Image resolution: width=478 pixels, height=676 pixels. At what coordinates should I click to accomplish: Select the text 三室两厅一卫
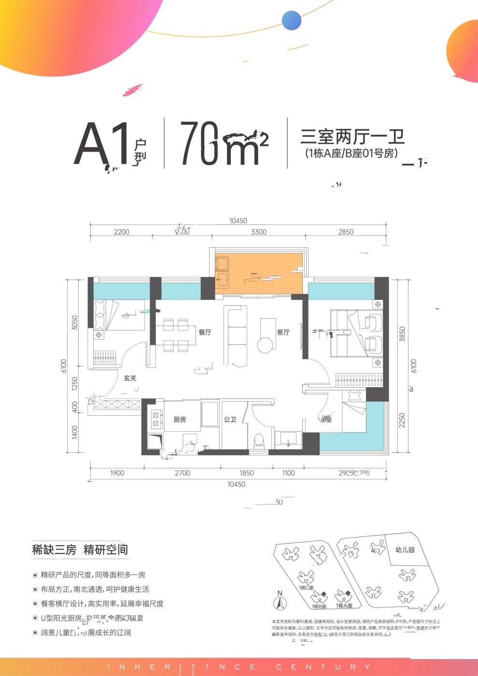352,137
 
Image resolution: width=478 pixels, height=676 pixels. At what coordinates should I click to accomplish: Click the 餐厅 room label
205,332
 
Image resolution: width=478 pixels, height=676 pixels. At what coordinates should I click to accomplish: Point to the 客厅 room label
283,332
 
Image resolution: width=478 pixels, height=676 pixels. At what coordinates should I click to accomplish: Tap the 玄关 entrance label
130,378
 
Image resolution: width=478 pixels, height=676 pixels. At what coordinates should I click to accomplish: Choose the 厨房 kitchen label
180,420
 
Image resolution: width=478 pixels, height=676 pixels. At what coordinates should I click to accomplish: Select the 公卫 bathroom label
230,420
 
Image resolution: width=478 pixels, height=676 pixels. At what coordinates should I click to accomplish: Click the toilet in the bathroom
259,440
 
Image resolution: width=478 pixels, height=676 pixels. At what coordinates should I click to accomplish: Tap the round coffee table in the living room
266,345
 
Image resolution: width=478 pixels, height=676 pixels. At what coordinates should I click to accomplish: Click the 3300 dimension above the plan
259,232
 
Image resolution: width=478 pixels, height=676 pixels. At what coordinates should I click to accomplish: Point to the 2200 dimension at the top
122,232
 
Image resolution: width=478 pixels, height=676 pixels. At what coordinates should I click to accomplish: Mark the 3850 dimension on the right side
403,334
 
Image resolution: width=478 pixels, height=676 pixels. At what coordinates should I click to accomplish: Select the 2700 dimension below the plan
183,473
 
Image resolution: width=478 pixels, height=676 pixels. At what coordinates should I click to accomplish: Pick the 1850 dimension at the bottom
246,473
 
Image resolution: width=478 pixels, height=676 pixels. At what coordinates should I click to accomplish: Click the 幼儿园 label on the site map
405,549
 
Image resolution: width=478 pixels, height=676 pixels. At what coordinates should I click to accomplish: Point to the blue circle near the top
292,20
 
